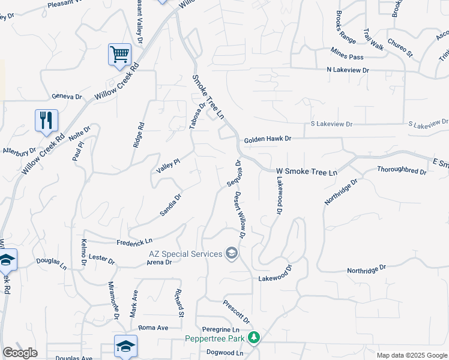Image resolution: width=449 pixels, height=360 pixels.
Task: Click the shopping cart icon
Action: (x=119, y=55)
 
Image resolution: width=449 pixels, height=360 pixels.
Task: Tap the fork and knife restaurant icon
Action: (x=46, y=120)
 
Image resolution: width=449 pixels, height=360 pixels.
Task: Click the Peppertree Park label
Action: (x=215, y=339)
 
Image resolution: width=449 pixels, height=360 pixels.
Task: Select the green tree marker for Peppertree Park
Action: (x=255, y=338)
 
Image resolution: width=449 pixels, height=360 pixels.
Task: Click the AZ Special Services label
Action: (x=185, y=254)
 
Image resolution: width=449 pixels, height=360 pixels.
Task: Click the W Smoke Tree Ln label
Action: (x=307, y=172)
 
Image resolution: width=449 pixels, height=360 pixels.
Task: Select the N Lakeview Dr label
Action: (x=348, y=70)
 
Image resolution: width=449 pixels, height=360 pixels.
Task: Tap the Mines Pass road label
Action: (x=348, y=57)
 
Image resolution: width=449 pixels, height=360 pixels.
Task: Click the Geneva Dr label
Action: (x=67, y=97)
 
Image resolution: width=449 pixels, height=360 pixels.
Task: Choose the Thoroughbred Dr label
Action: (x=402, y=171)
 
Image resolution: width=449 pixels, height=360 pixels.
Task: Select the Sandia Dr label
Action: (x=170, y=205)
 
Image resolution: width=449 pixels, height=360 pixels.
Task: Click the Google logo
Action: (x=20, y=353)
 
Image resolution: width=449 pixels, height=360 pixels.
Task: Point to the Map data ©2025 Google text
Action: (x=412, y=355)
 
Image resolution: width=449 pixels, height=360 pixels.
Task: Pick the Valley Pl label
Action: (x=168, y=164)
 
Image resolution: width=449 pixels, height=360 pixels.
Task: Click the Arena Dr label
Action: (x=160, y=262)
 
